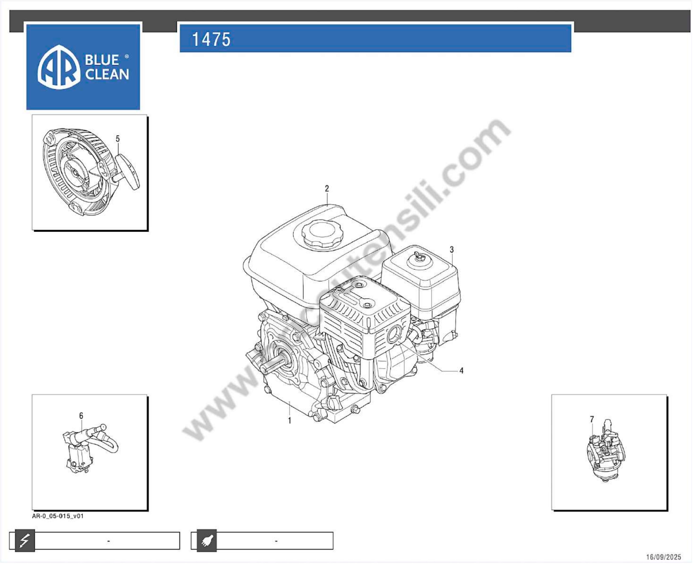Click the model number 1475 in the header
pos(211,39)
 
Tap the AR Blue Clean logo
pos(83,67)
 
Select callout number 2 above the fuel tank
pos(327,188)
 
